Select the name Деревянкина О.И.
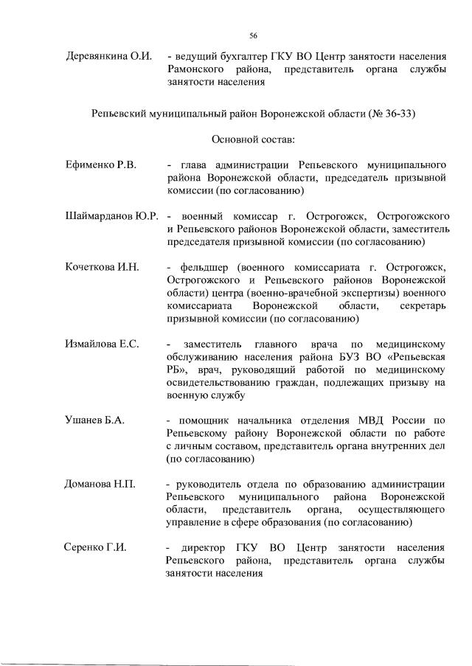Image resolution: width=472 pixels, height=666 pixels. click(110, 56)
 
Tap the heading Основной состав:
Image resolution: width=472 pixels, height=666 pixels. click(253, 139)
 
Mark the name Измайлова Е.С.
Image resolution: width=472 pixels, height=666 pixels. click(103, 344)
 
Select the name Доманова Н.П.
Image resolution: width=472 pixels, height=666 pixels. click(100, 483)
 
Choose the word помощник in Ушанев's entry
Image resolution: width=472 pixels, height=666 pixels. click(205, 420)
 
